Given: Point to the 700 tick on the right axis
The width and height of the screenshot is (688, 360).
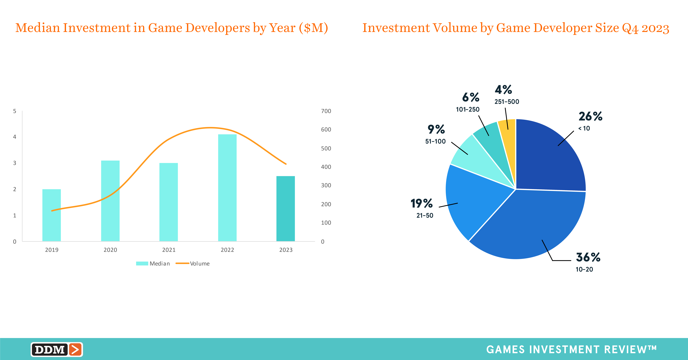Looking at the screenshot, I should [x=326, y=111].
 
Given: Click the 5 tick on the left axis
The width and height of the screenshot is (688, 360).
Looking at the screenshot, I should [x=15, y=111].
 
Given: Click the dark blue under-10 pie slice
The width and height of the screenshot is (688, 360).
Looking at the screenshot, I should [x=548, y=158].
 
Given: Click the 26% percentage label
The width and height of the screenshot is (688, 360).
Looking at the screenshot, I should [x=590, y=116].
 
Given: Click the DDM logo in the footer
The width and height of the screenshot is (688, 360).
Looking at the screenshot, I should [x=57, y=349].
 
